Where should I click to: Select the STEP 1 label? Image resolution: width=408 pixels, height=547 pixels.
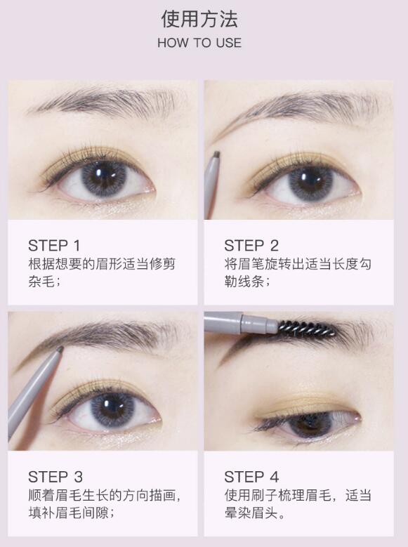coord(54,245)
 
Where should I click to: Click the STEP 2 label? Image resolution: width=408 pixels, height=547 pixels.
coord(251,245)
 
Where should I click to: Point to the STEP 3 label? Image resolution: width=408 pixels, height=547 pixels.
coord(55,477)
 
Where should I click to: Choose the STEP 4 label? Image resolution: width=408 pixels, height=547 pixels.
coord(251,477)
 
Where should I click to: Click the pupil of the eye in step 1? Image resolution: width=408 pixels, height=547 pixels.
coord(105,176)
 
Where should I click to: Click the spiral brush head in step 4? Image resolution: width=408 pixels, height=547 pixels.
coord(307,328)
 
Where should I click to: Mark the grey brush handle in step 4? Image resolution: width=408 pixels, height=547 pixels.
coord(239,322)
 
